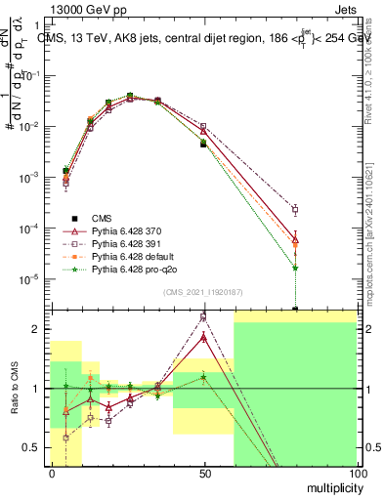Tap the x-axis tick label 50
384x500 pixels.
click(x=203, y=473)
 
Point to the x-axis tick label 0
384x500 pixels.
click(x=52, y=473)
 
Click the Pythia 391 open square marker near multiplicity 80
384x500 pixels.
click(x=295, y=209)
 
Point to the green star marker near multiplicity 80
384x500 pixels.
click(x=295, y=267)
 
